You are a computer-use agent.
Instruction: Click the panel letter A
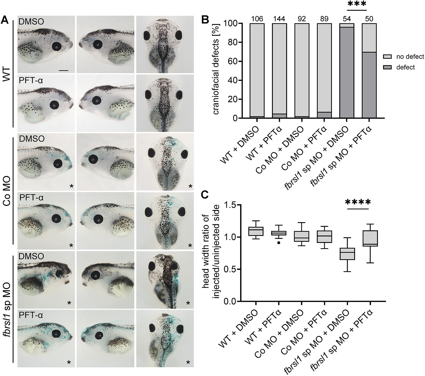click(x=6, y=20)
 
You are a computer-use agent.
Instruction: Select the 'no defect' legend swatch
click(x=388, y=57)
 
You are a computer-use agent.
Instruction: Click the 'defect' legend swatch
click(x=388, y=67)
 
